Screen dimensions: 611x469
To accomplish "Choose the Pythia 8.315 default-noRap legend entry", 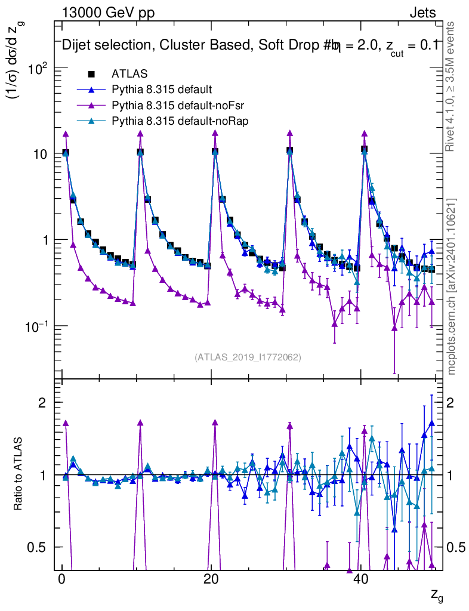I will tap(180, 121).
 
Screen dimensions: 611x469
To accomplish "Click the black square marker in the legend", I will tap(91, 75).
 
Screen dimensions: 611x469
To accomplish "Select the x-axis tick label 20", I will tap(211, 581).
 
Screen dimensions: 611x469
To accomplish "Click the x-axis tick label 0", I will tap(61, 581).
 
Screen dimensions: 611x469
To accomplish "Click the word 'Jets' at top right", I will tap(422, 13).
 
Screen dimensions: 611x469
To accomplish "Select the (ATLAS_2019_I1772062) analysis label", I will tap(247, 357).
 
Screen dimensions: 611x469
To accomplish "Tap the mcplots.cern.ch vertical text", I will tap(452, 286).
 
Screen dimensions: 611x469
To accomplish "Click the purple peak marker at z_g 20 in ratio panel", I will tap(215, 422).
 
